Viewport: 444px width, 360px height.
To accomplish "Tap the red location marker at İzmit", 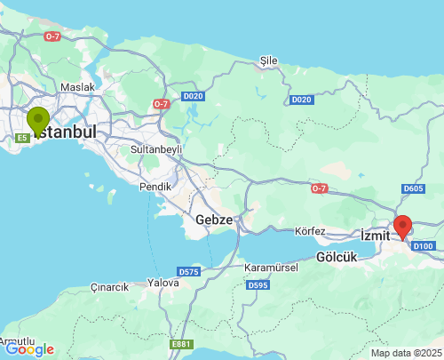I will click(403, 227).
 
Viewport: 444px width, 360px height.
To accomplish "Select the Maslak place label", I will click(77, 88).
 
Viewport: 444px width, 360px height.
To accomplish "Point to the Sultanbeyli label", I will click(156, 149).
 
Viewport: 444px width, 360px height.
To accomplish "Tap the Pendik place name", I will click(155, 187).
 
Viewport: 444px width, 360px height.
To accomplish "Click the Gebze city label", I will click(214, 220).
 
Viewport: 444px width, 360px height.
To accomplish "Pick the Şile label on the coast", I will click(268, 60).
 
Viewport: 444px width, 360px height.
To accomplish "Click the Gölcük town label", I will click(336, 257).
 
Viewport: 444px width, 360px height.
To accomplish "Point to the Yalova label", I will click(163, 282).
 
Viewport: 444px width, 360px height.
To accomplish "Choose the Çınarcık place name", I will click(109, 287).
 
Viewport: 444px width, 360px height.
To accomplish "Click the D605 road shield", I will click(413, 188).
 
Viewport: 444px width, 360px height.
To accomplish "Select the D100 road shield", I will click(424, 245).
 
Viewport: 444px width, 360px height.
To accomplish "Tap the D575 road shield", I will click(188, 272).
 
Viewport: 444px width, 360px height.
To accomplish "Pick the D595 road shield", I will click(258, 285).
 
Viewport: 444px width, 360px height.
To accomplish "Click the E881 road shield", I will click(180, 343).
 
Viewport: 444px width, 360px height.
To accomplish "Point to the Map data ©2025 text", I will click(405, 353).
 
